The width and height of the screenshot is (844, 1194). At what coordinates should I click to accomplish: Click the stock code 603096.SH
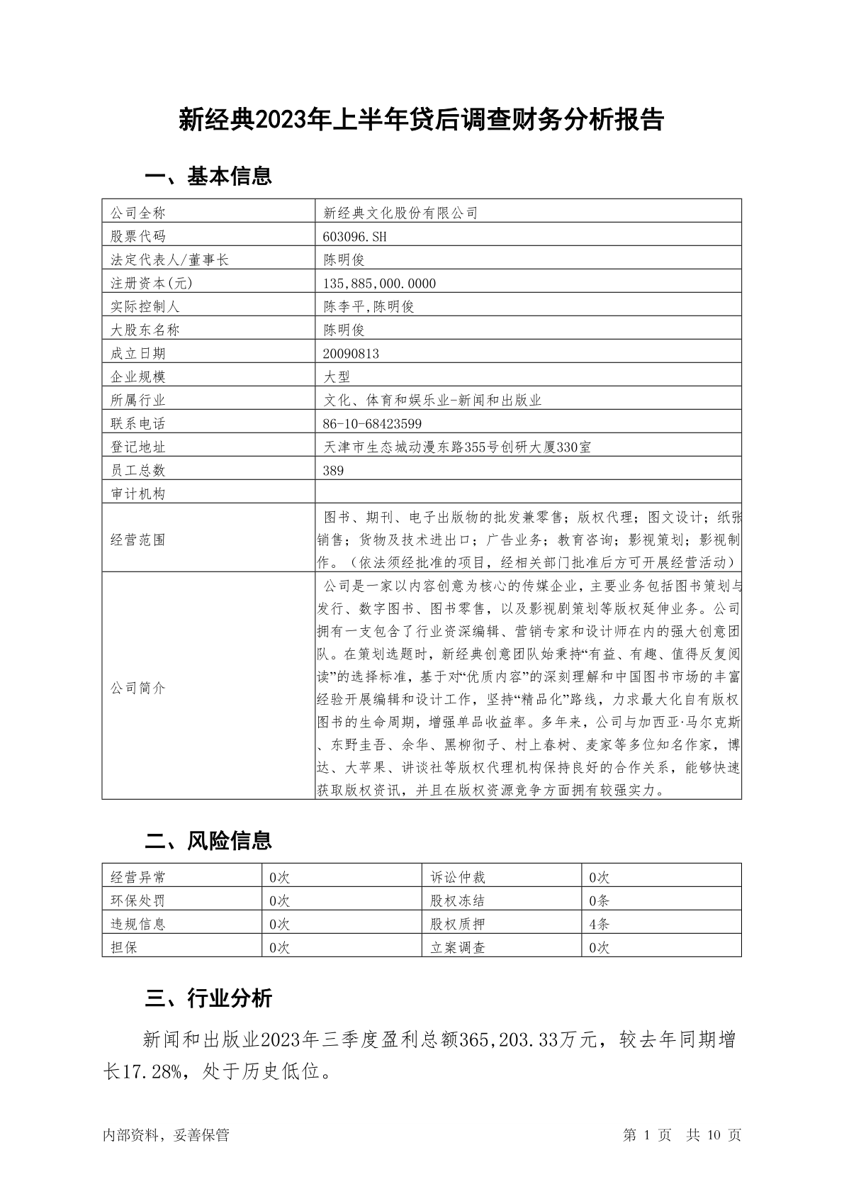point(356,236)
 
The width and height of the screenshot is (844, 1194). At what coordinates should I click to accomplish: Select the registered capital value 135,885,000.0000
point(380,283)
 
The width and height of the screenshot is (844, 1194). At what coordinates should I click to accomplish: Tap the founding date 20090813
point(351,353)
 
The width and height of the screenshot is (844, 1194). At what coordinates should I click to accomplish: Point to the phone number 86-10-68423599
point(373,423)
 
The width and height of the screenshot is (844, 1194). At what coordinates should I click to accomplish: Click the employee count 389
point(333,470)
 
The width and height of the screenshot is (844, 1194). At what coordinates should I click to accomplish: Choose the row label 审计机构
point(138,493)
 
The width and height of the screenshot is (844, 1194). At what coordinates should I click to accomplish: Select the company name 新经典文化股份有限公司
point(401,213)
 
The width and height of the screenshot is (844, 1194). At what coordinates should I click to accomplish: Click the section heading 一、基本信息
point(208,176)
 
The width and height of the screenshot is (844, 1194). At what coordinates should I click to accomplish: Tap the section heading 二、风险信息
point(208,841)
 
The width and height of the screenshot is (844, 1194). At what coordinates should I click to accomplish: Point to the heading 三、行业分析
point(208,998)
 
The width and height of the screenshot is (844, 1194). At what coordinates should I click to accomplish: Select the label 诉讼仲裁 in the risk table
point(458,877)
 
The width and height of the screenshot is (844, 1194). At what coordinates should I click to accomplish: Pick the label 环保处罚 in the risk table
point(138,900)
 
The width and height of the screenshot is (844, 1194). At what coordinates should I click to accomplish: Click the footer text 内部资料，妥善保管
point(166,1135)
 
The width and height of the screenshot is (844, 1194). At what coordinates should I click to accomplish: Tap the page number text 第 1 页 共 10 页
point(682,1135)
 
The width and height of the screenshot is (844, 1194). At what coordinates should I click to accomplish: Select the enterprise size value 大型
point(337,376)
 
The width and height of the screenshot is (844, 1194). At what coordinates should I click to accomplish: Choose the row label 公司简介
point(138,688)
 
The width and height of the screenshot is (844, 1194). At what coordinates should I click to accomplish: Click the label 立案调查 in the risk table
point(458,947)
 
